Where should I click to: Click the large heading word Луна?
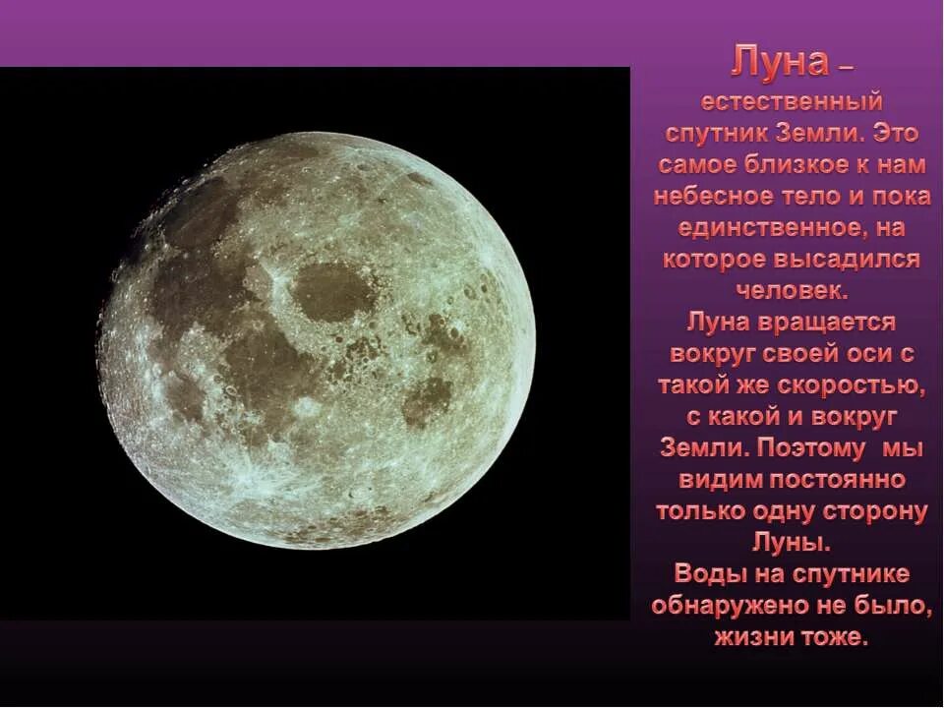tap(780, 64)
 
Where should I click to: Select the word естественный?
tap(791, 101)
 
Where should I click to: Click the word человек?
tap(790, 291)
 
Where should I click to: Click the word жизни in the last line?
tap(748, 637)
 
